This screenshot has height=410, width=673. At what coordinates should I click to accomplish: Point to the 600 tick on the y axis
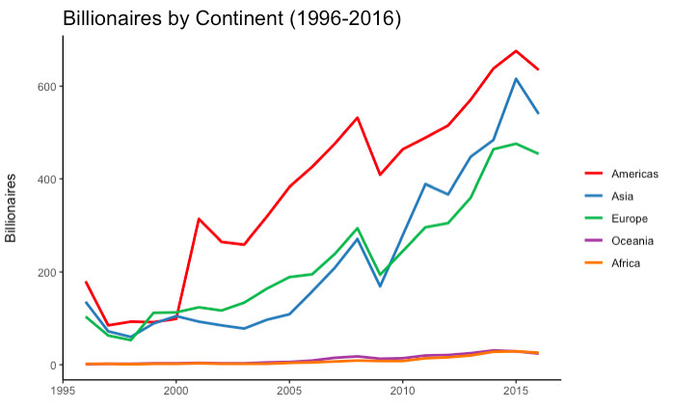(x=47, y=86)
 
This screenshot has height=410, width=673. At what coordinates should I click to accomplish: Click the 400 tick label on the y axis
(x=47, y=179)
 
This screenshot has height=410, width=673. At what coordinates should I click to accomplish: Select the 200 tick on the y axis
(x=47, y=272)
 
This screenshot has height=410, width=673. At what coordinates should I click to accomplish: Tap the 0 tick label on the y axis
(x=53, y=366)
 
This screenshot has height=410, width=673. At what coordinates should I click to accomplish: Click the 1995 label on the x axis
(x=63, y=391)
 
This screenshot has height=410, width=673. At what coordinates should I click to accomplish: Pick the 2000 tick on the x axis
(x=176, y=391)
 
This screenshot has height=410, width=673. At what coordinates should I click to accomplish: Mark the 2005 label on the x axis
(x=289, y=391)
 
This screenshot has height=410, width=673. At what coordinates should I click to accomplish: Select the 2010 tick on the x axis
(x=403, y=391)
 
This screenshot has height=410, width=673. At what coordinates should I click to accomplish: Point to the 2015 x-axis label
(x=516, y=391)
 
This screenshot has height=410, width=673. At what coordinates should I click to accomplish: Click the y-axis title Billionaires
(x=11, y=208)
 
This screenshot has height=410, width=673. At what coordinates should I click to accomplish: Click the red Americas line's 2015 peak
(x=516, y=51)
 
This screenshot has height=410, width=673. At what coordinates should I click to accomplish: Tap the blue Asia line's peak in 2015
(x=516, y=78)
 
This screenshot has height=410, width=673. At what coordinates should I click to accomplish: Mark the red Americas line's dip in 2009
(x=380, y=175)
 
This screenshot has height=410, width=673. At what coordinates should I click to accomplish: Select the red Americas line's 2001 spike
(x=199, y=219)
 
